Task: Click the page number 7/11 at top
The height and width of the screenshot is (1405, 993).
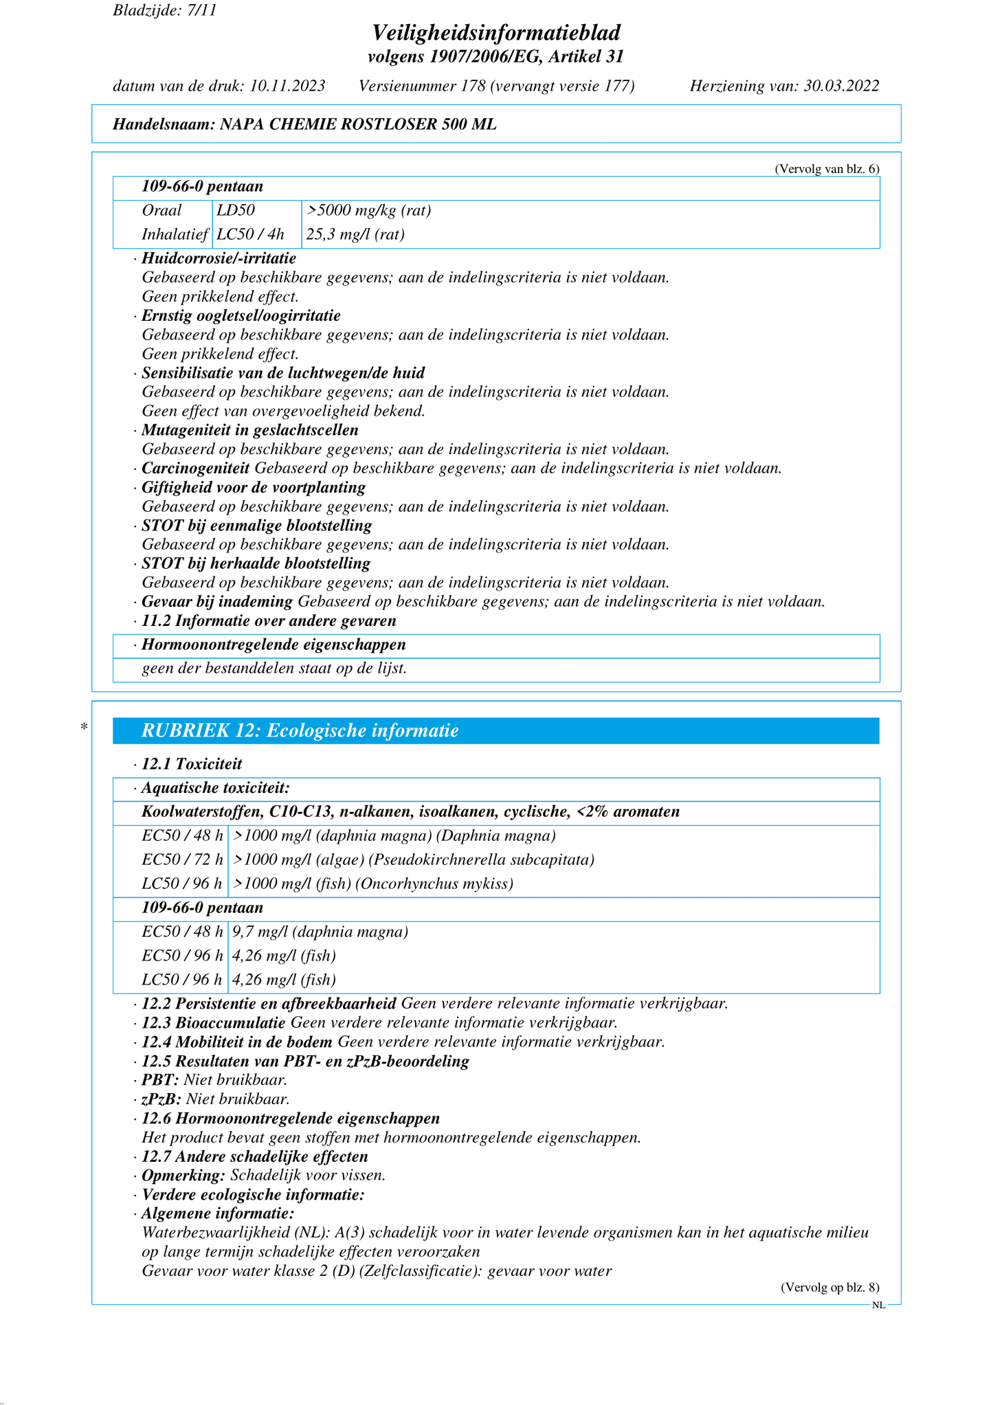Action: pyautogui.click(x=201, y=11)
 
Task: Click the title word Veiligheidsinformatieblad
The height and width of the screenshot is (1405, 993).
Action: pyautogui.click(x=496, y=32)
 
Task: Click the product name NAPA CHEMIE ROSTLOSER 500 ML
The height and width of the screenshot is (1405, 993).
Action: pyautogui.click(x=357, y=124)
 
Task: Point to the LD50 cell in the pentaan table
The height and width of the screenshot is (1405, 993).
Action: pyautogui.click(x=236, y=210)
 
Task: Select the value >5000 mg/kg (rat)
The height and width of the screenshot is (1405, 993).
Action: pyautogui.click(x=369, y=210)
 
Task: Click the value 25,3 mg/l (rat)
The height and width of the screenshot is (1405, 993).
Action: pyautogui.click(x=355, y=234)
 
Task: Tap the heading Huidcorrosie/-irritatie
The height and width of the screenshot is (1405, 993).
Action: pyautogui.click(x=219, y=258)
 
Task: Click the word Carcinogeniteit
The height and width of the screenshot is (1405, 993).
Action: pyautogui.click(x=195, y=469)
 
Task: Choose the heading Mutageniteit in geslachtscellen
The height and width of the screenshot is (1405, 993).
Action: pyautogui.click(x=250, y=430)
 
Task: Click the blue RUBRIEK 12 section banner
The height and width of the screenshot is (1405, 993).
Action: pyautogui.click(x=495, y=730)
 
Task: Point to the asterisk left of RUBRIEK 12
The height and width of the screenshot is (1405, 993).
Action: pyautogui.click(x=84, y=727)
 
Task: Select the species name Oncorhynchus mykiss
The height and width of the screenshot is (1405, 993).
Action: pyautogui.click(x=435, y=884)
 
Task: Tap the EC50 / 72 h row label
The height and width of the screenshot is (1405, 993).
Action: pyautogui.click(x=182, y=859)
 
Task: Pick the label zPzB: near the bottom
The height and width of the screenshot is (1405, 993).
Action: pyautogui.click(x=161, y=1099)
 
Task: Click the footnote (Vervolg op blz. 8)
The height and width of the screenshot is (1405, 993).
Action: pyautogui.click(x=829, y=1288)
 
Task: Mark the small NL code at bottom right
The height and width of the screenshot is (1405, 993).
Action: pyautogui.click(x=878, y=1305)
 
